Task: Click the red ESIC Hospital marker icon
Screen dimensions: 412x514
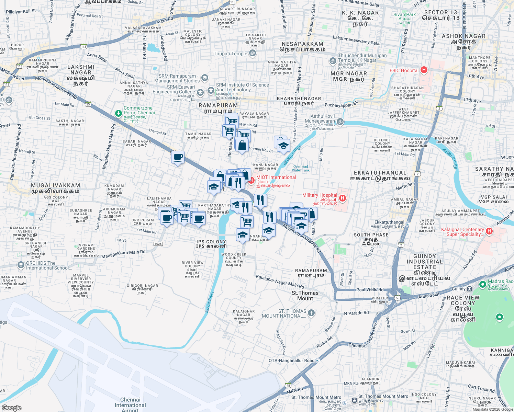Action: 424,70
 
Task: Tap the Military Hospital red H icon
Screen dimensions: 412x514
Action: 342,198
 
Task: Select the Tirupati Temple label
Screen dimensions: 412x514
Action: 231,54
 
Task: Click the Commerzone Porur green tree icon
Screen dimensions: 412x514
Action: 119,113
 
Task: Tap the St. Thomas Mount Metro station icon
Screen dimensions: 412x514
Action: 354,400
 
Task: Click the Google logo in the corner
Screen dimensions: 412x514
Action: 11,408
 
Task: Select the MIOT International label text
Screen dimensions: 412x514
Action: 276,177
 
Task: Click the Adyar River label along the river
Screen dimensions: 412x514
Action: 210,302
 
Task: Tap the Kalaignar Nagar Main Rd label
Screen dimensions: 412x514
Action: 280,282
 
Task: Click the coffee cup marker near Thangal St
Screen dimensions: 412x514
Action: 178,158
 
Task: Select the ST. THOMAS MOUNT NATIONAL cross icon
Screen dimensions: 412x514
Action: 311,313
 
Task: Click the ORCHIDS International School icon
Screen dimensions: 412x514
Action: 21,265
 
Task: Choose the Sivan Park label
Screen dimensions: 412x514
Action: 404,14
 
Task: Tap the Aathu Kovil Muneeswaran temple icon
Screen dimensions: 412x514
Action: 340,121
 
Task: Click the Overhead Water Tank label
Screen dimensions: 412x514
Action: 301,168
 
